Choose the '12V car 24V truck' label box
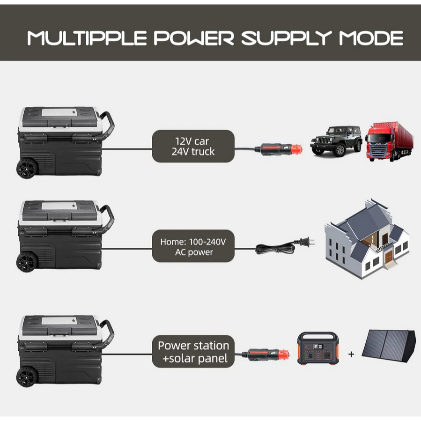coord(193,146)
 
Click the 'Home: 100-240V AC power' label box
coord(193,247)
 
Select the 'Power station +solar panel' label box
coord(193,352)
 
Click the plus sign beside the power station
coord(351,355)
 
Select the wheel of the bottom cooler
coord(27,377)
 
